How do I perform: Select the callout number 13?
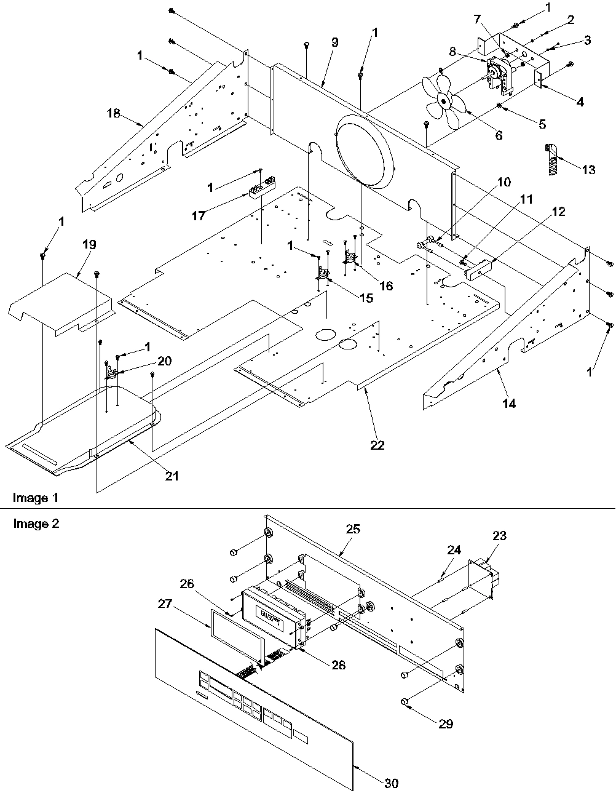[588, 170]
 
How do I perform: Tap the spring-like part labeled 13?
[552, 159]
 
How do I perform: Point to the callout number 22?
[377, 445]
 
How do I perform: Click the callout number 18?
[114, 114]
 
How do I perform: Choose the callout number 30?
[391, 783]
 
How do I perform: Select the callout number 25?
[353, 529]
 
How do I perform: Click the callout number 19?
[89, 244]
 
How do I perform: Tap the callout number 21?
[172, 476]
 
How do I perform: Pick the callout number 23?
[499, 536]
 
